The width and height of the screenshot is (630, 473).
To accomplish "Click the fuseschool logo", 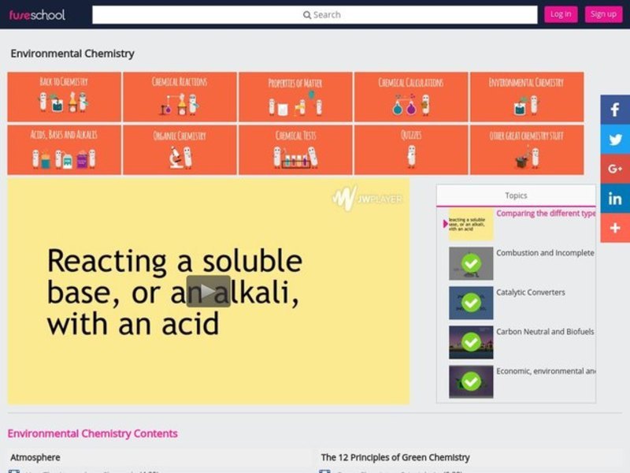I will point(37,14).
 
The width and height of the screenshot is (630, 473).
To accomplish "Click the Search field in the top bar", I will point(315,14).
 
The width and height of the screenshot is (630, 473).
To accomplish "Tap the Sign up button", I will point(603,14).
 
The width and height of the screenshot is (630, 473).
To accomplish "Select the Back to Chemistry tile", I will point(64,96).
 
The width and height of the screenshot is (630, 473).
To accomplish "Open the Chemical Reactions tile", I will point(180,96).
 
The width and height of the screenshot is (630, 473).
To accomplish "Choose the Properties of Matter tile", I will point(295,96).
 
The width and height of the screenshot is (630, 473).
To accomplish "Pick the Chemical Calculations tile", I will point(410,96).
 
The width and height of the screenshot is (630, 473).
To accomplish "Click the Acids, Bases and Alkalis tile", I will point(64,149).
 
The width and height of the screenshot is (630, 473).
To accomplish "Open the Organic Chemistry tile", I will point(180,149).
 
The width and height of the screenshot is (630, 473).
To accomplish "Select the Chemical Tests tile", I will point(295,149).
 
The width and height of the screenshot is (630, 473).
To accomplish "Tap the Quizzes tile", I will point(410,149).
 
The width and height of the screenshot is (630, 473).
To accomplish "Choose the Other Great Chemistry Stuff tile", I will point(526,149).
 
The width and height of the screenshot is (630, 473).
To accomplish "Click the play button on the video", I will point(208,291).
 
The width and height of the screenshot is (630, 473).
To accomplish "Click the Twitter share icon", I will point(615,140).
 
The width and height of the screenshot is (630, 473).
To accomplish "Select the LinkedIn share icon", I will point(615,198).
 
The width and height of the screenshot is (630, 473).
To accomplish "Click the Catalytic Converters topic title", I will point(531,292).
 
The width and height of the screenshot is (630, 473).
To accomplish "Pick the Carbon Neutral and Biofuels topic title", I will point(545,332).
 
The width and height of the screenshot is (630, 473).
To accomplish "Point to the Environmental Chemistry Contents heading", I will point(92,434).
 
